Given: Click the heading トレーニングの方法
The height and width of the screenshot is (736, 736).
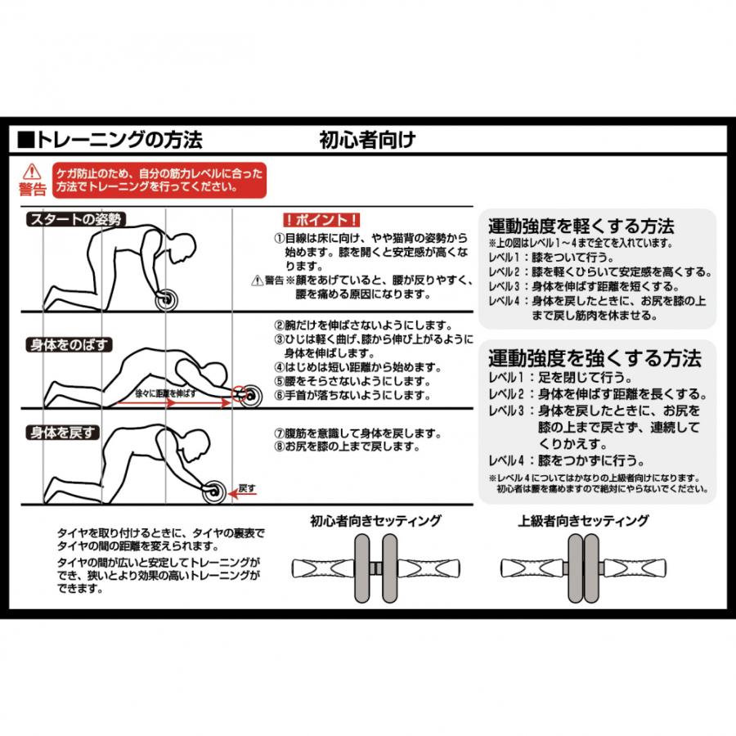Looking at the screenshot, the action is point(119,140).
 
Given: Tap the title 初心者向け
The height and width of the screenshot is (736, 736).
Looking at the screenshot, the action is point(367,139).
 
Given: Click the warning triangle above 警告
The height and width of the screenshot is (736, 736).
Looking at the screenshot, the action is point(31,172).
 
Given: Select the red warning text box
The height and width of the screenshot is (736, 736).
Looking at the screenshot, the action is point(159,180).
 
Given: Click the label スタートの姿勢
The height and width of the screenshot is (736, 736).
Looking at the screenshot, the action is point(75,219).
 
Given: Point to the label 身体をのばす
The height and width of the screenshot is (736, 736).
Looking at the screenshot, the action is point(69,345).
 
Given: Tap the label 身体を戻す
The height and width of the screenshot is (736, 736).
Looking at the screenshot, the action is point(62,433).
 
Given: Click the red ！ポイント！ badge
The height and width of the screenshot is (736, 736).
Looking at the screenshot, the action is point(321,220).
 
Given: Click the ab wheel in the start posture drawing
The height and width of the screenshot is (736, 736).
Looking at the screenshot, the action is point(167,299).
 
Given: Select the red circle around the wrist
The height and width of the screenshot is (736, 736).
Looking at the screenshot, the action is point(240,394).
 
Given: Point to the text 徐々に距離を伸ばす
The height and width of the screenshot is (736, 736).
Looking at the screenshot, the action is point(165,393).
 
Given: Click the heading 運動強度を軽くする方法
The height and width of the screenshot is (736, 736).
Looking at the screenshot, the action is point(581,227).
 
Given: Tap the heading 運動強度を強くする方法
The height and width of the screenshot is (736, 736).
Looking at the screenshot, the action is point(595,358).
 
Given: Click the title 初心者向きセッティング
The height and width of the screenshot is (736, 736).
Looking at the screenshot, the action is point(375,521).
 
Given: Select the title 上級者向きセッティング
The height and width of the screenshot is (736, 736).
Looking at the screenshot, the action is point(583,521).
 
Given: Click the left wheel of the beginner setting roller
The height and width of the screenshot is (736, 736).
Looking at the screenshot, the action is point(361,568).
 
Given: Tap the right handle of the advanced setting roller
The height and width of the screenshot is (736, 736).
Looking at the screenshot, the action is point(634,568).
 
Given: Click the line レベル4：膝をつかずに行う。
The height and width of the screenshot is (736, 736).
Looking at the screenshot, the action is point(566,460).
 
